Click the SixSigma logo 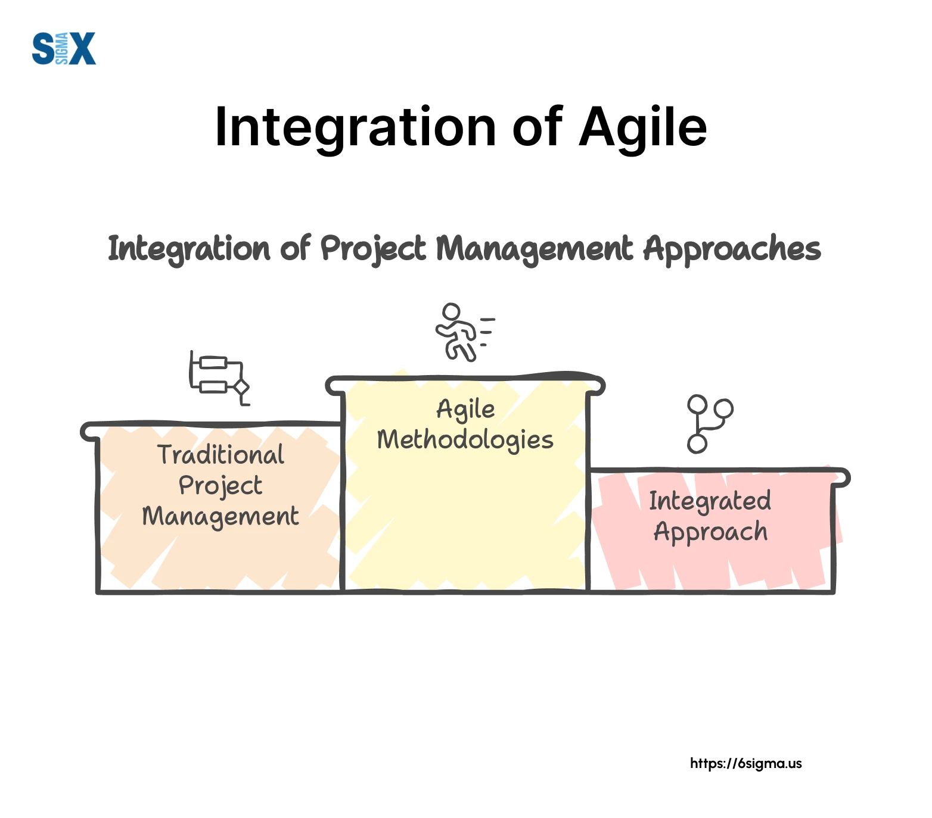point(64,49)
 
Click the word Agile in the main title point(643,128)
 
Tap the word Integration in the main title point(355,128)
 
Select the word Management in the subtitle point(534,249)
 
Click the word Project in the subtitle point(373,249)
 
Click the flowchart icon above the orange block point(219,378)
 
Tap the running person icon point(465,332)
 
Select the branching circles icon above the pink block point(710,424)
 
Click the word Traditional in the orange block point(221,455)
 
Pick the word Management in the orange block point(220,516)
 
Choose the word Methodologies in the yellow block point(465,440)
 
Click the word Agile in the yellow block point(465,410)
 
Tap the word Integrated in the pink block point(710,501)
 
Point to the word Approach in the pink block point(710,532)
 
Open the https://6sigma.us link point(746,763)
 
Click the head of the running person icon point(451,312)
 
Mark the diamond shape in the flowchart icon point(241,387)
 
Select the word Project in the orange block point(220,486)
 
